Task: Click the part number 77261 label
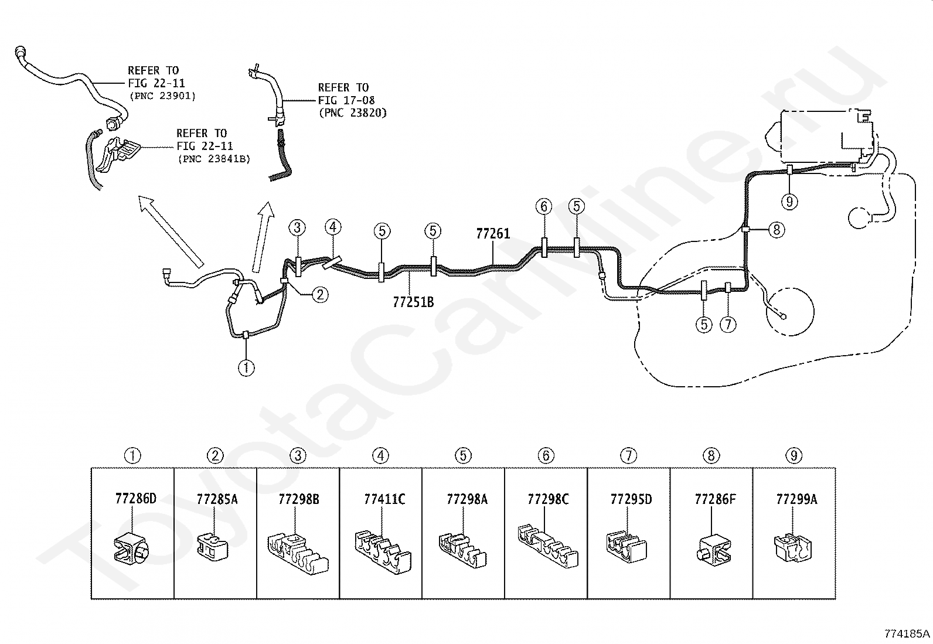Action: click(x=493, y=234)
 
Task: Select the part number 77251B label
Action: click(x=413, y=302)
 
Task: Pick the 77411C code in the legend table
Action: click(x=384, y=499)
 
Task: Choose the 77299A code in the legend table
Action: click(x=796, y=499)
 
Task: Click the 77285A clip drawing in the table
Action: click(x=212, y=546)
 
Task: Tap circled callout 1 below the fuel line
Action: click(x=246, y=368)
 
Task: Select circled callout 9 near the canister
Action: click(x=789, y=202)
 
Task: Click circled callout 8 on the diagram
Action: click(x=777, y=230)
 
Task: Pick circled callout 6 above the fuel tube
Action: click(x=544, y=206)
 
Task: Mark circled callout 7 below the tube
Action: click(x=728, y=324)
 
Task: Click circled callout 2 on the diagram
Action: click(x=320, y=295)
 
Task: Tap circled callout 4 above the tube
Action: click(x=333, y=227)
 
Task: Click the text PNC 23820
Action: click(x=353, y=113)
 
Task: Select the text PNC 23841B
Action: click(x=214, y=159)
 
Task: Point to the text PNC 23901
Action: click(x=162, y=96)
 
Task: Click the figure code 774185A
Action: click(x=907, y=633)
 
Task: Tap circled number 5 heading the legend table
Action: click(x=463, y=456)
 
